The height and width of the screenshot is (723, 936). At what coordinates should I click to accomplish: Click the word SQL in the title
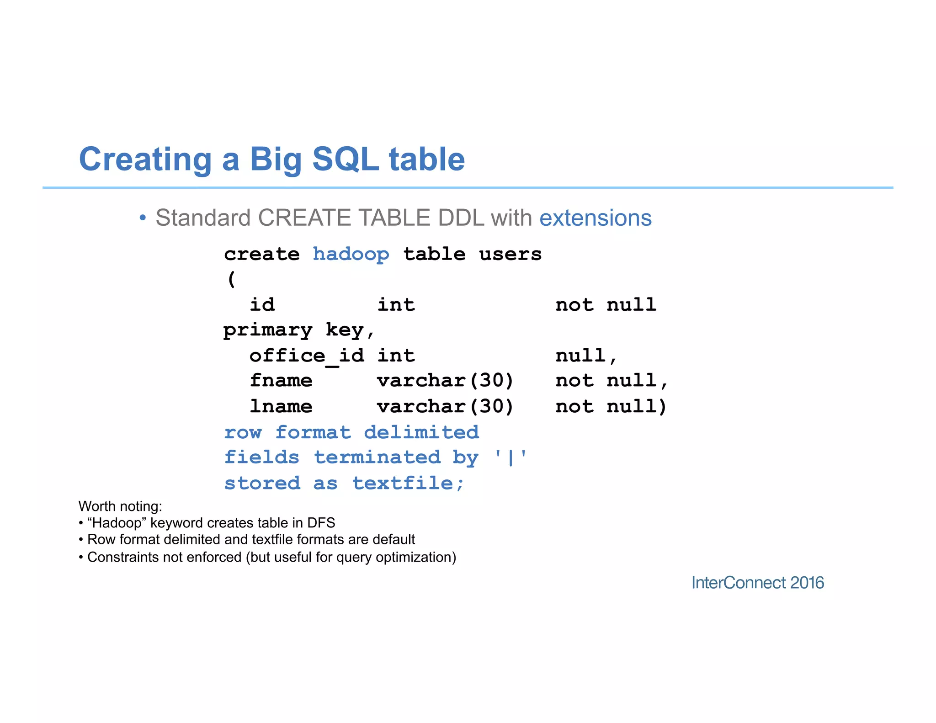(346, 159)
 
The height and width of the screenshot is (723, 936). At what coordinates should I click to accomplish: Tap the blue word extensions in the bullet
(595, 218)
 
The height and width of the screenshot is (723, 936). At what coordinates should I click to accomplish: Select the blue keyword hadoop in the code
(351, 254)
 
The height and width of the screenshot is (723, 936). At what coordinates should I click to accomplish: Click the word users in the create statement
(510, 254)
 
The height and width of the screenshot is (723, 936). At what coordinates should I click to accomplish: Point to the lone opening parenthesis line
(231, 279)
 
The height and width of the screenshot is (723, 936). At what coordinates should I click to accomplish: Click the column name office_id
(307, 356)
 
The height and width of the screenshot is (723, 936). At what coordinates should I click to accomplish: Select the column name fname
(281, 381)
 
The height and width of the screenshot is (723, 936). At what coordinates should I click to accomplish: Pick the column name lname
(281, 406)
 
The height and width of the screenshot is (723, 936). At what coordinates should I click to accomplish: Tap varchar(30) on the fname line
(445, 381)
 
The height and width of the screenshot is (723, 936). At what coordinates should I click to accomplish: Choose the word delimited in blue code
(421, 432)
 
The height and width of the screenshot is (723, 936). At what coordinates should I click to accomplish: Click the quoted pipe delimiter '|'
(511, 457)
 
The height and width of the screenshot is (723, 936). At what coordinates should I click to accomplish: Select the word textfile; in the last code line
(408, 484)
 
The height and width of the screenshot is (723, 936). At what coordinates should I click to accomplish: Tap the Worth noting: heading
(120, 506)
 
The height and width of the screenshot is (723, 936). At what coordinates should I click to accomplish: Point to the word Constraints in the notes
(118, 558)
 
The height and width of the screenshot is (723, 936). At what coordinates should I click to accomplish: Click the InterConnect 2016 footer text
(757, 583)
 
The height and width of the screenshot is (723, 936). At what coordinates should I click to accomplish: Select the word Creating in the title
(145, 159)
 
